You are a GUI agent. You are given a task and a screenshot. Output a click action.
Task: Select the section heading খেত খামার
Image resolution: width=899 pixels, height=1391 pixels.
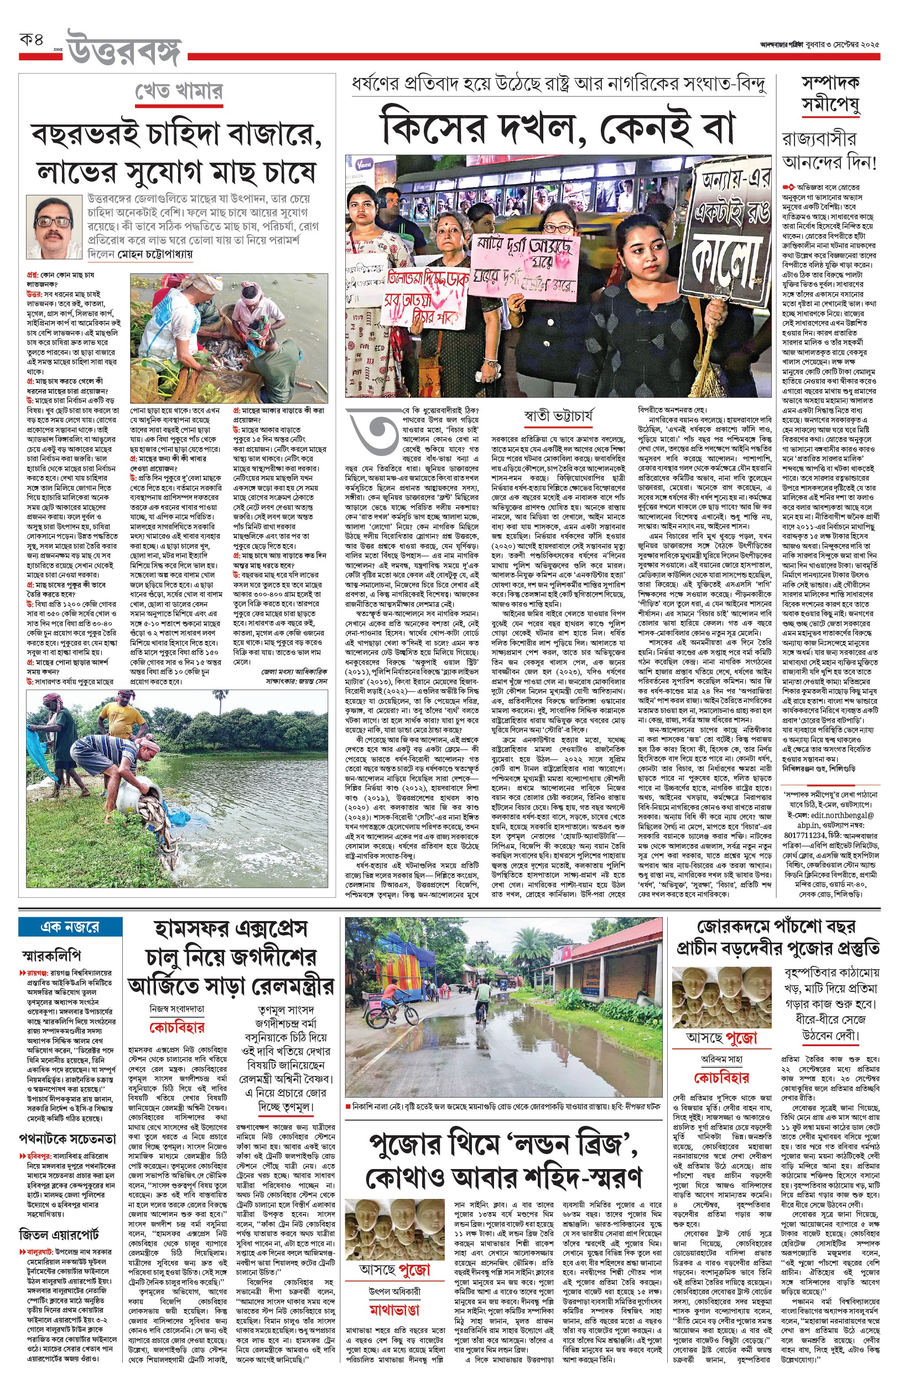click(179, 92)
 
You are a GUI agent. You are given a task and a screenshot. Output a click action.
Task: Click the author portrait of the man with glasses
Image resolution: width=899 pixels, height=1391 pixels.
click(55, 227)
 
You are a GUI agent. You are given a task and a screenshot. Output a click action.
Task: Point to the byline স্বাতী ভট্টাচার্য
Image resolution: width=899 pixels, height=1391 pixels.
click(559, 416)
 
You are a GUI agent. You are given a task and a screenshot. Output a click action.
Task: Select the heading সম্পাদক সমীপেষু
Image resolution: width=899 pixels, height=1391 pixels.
click(829, 94)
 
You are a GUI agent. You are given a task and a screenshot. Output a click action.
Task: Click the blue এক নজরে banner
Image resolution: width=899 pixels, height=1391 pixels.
click(70, 927)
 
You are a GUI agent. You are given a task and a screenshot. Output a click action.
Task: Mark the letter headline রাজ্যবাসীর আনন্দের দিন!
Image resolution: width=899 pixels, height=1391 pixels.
click(829, 150)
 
